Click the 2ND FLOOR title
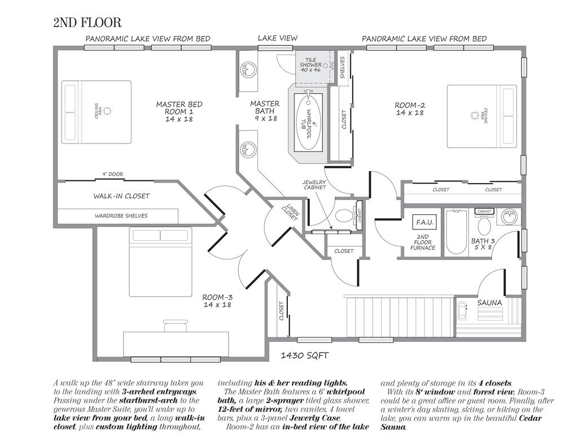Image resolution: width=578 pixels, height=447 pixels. pos(87,23)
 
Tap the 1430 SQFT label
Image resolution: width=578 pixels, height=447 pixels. pos(304,355)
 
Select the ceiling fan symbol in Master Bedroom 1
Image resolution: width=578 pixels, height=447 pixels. pos(107,110)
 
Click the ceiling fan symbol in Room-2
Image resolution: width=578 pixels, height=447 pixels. pos(474,115)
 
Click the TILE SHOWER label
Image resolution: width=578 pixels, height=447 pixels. pos(310,64)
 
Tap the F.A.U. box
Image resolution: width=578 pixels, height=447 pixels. pos(424,222)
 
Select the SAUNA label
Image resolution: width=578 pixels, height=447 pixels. pos(489,303)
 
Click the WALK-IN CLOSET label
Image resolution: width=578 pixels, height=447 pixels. pos(121,196)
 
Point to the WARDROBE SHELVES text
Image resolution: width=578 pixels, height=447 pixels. pos(121,216)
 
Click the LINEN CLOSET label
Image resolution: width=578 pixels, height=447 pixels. pos(291,212)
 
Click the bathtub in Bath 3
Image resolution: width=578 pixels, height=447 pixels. pos(456,232)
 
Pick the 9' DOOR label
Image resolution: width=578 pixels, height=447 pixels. pos(113,174)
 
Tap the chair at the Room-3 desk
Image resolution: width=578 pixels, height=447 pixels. pos(175,325)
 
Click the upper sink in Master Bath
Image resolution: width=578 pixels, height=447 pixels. pos(246,70)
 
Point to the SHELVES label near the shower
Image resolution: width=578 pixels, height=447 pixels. pos(343,67)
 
